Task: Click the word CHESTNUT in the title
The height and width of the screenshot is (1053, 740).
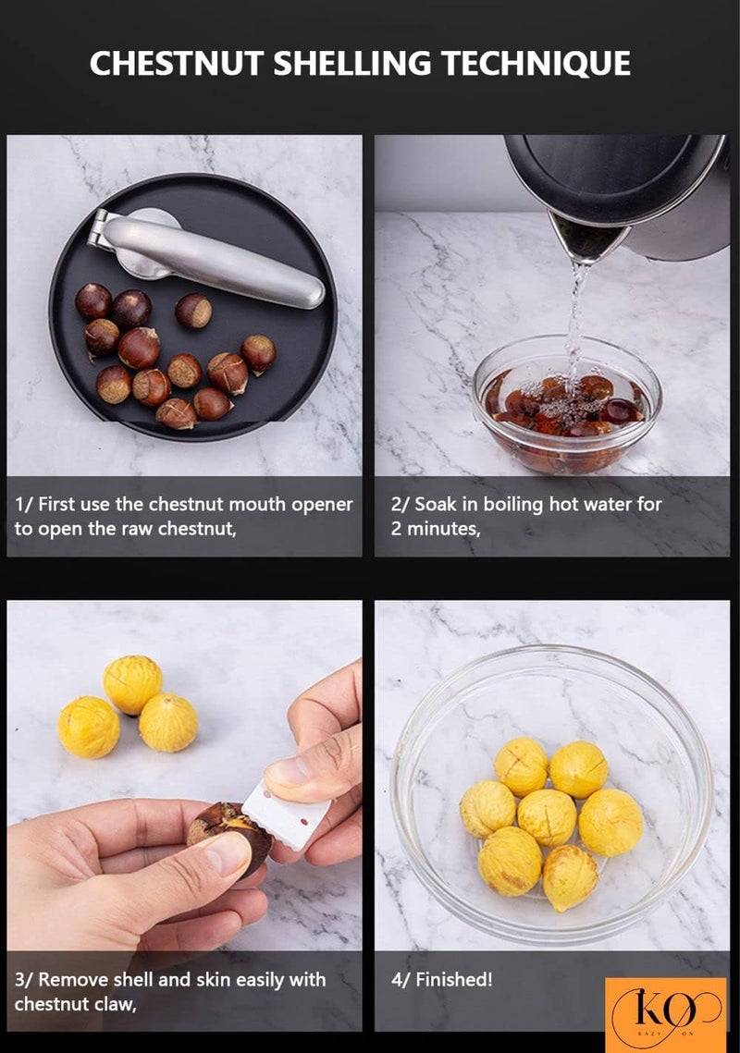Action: click(x=177, y=64)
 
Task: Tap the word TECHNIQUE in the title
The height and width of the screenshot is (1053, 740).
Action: click(x=536, y=64)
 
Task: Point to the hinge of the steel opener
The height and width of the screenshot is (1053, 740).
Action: click(x=99, y=228)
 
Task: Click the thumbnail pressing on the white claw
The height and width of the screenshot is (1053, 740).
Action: click(x=287, y=772)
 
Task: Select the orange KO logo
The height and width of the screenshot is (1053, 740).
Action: click(x=665, y=1015)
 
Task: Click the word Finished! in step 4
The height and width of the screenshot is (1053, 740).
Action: click(x=453, y=979)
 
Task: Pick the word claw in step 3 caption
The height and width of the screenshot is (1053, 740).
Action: click(x=113, y=1004)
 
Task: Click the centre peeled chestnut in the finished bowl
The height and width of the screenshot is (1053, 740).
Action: click(x=547, y=817)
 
